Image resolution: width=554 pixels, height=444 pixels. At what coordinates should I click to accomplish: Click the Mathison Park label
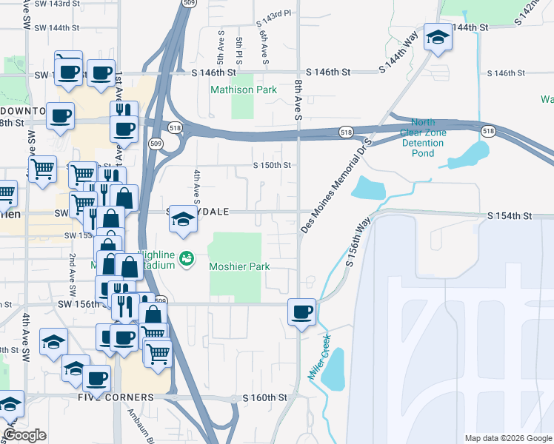coord(244,90)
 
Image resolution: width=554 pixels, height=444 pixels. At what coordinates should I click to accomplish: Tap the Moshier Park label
coord(238,266)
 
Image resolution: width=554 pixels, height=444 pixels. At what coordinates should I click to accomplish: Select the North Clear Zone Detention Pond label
coord(423,138)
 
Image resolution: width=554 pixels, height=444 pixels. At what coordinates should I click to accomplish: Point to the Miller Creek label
coord(319,363)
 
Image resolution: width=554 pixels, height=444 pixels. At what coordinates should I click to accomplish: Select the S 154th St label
coord(510,215)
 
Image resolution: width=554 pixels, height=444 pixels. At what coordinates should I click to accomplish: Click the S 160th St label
coord(265,398)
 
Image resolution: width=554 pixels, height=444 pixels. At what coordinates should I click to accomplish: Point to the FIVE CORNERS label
coord(116,397)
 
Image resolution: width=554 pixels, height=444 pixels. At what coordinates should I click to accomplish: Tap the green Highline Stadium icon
coord(187,258)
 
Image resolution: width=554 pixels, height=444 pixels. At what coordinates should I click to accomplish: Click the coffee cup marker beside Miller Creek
coord(301,312)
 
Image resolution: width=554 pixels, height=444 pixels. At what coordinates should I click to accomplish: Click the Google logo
coord(25,435)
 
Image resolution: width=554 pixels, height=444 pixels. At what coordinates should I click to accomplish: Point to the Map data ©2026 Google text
coord(507,438)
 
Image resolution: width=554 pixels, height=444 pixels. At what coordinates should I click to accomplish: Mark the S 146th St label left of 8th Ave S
coord(213,73)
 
